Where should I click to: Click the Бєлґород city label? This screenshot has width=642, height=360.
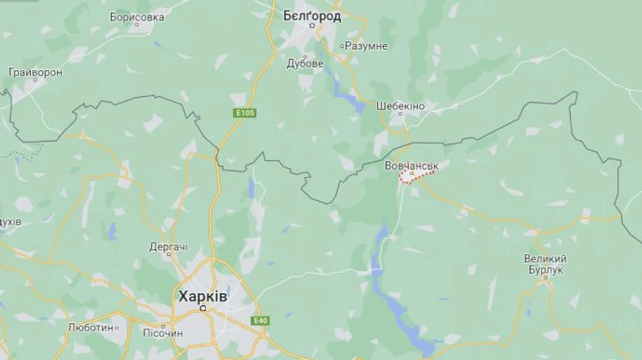(x=312, y=15)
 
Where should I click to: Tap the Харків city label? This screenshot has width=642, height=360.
(x=203, y=296)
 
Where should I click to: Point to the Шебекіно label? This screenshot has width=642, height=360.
(x=400, y=106)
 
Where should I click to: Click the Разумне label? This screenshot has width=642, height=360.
(x=366, y=46)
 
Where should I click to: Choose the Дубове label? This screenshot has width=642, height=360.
(x=305, y=63)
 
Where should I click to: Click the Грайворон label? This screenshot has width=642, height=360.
(x=35, y=72)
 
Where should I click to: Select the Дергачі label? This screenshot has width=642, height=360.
(x=168, y=247)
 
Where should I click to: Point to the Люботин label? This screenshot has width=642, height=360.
(x=90, y=327)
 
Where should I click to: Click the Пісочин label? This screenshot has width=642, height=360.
(x=164, y=333)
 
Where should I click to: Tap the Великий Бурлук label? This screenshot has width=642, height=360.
(x=545, y=264)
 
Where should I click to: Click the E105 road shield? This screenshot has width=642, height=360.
(x=244, y=113)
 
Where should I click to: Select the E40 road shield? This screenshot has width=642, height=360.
(x=260, y=321)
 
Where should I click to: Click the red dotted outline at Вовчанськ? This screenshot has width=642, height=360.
(x=417, y=176)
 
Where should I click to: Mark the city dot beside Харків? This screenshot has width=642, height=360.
(x=203, y=308)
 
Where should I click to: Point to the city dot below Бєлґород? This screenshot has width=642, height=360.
(x=312, y=26)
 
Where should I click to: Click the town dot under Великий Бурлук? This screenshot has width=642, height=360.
(x=546, y=280)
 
